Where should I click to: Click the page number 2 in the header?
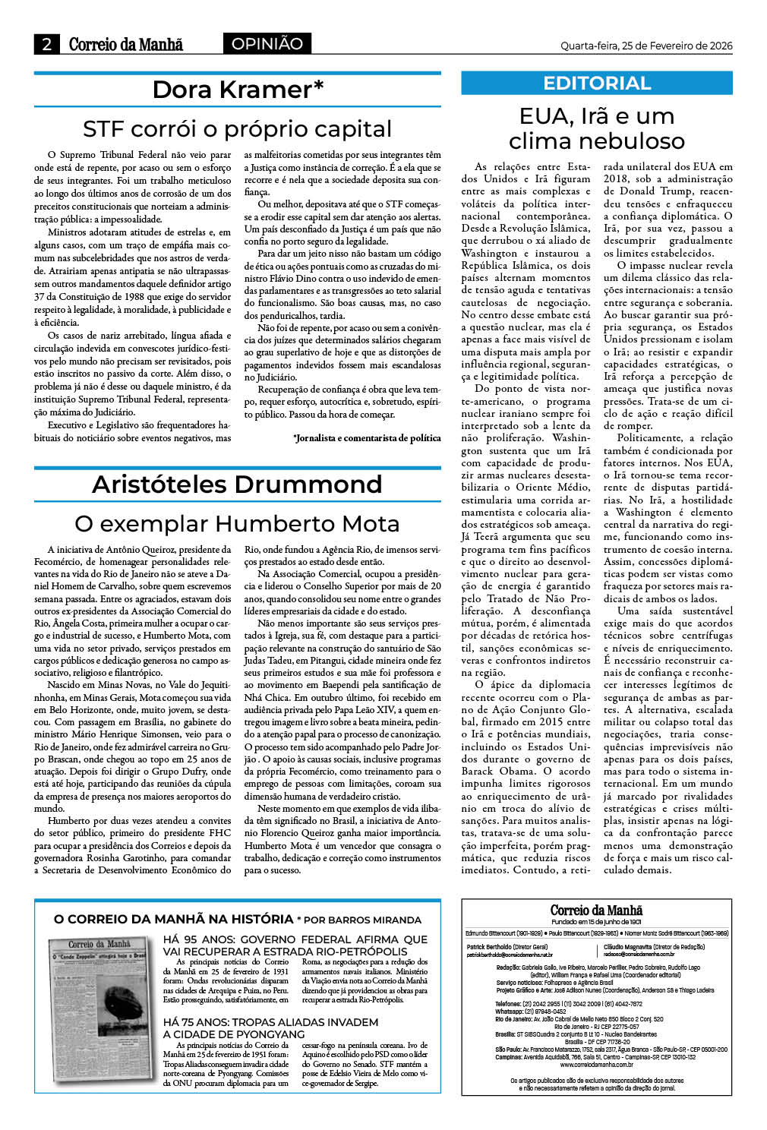(x=47, y=45)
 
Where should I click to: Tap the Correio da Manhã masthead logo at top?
(x=126, y=45)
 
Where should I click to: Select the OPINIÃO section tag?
(x=267, y=44)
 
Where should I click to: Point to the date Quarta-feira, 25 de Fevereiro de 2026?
(x=646, y=46)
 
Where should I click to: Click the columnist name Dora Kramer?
(x=238, y=90)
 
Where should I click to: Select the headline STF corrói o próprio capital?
(x=238, y=128)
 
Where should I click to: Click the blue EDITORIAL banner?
(x=597, y=84)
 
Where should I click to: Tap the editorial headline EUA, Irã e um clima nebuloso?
(x=597, y=128)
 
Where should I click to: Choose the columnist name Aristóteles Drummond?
(x=237, y=485)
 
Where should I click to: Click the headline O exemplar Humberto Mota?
(x=237, y=524)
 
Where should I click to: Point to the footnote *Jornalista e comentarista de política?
(x=367, y=438)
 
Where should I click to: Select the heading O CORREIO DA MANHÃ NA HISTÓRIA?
(x=173, y=919)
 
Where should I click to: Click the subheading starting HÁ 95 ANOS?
(x=295, y=945)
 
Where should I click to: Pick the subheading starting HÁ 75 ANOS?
(x=270, y=1028)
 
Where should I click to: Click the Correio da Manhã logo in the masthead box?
(x=596, y=910)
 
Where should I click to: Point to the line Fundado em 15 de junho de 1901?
(x=596, y=922)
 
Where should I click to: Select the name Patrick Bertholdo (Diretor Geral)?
(x=507, y=947)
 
